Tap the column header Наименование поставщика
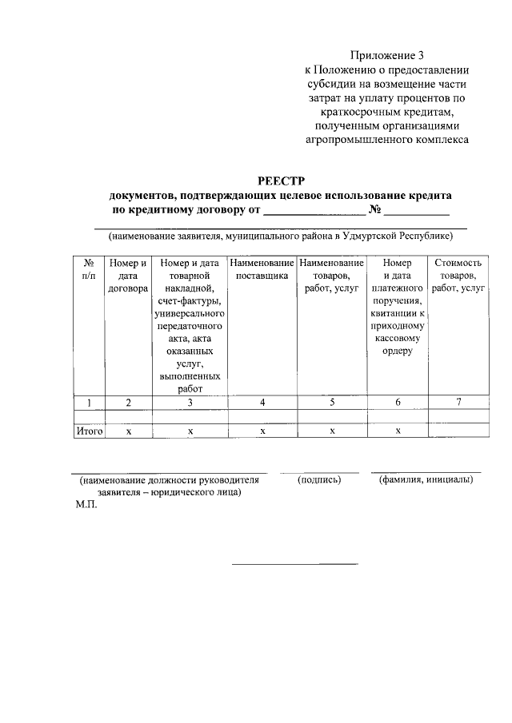pos(262,268)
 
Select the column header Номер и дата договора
pos(129,275)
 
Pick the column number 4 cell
pos(262,402)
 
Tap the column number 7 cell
pos(458,402)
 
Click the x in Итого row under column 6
pos(398,431)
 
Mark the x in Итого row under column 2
pos(129,431)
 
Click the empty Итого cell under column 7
pos(458,431)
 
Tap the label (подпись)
pos(319,480)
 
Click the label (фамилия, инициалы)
pos(426,480)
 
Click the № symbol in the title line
pos(374,212)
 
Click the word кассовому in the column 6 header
pos(398,338)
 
